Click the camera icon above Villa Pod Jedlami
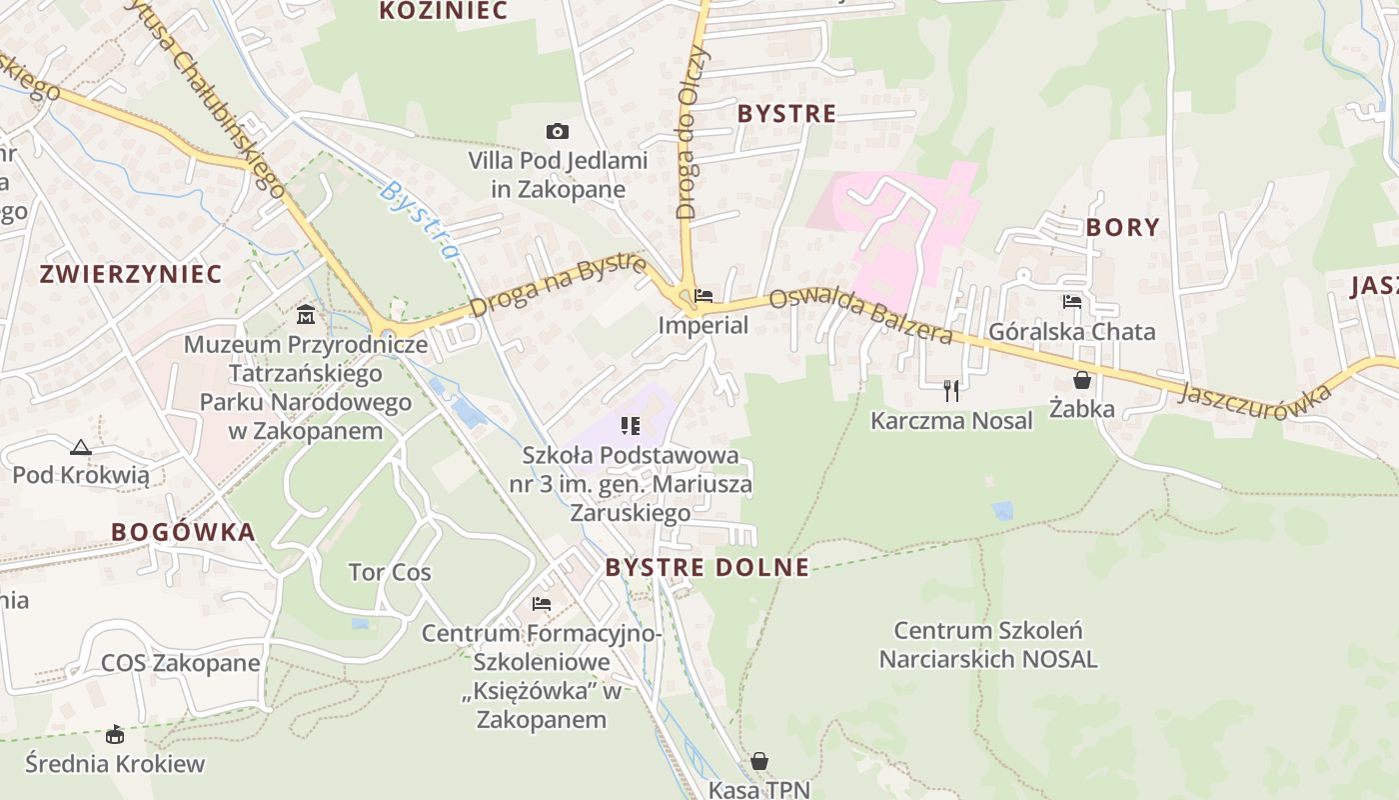558,132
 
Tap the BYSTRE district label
786,114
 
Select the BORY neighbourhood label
1122,227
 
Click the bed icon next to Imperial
703,296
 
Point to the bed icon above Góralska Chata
1072,301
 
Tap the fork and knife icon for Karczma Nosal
951,390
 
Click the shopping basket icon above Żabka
1081,380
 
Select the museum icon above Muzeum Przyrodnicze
306,315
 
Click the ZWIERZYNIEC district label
130,274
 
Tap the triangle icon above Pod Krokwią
81,447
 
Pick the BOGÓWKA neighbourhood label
183,532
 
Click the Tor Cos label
390,573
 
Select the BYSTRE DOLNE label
706,568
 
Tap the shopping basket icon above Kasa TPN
759,761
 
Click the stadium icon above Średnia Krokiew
115,735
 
